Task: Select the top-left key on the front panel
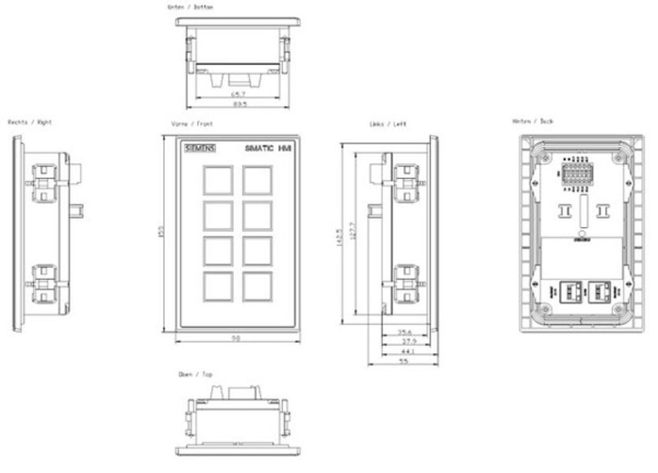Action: click(216, 181)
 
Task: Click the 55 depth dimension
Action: click(404, 362)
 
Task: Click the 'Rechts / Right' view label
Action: click(30, 123)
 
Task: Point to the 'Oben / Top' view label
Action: click(195, 375)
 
